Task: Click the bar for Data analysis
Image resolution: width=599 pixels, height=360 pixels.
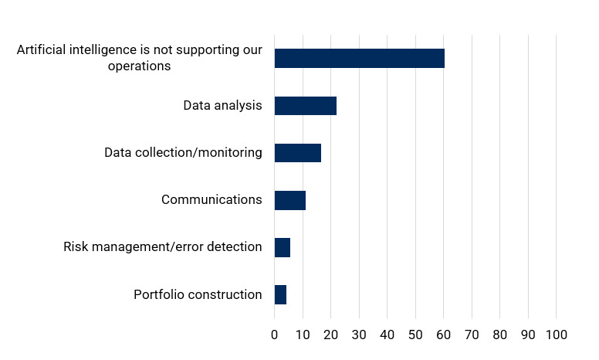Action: point(305,106)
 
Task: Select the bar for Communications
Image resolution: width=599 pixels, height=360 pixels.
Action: point(289,200)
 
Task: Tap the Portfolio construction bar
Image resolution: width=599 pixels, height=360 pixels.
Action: point(280,294)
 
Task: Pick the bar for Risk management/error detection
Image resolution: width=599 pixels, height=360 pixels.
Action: point(282,247)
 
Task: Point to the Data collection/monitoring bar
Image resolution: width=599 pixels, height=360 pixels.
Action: point(297,153)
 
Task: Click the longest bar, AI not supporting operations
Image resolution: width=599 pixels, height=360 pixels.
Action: point(359,59)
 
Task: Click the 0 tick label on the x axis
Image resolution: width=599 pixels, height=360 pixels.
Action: point(274,335)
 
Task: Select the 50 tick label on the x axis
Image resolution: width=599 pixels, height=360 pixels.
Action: point(415,335)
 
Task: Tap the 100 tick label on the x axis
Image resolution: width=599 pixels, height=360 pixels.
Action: point(556,335)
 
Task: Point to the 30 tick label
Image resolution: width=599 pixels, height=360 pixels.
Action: point(359,335)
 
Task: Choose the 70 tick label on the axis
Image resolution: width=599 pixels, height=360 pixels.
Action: point(472,335)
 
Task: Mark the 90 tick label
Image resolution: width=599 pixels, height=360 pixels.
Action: point(528,335)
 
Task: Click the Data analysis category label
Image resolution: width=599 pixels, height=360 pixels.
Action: point(222,106)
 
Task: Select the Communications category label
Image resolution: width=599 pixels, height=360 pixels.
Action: point(212,200)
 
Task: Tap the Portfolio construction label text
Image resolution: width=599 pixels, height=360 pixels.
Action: point(198,294)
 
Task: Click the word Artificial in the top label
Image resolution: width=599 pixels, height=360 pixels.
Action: point(40,51)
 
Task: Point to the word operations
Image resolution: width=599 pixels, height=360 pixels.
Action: point(140,66)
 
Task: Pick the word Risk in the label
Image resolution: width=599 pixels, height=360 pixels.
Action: point(76,247)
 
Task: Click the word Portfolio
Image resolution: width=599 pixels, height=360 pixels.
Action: point(159,294)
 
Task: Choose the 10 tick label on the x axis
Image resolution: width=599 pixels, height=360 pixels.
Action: point(303,335)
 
